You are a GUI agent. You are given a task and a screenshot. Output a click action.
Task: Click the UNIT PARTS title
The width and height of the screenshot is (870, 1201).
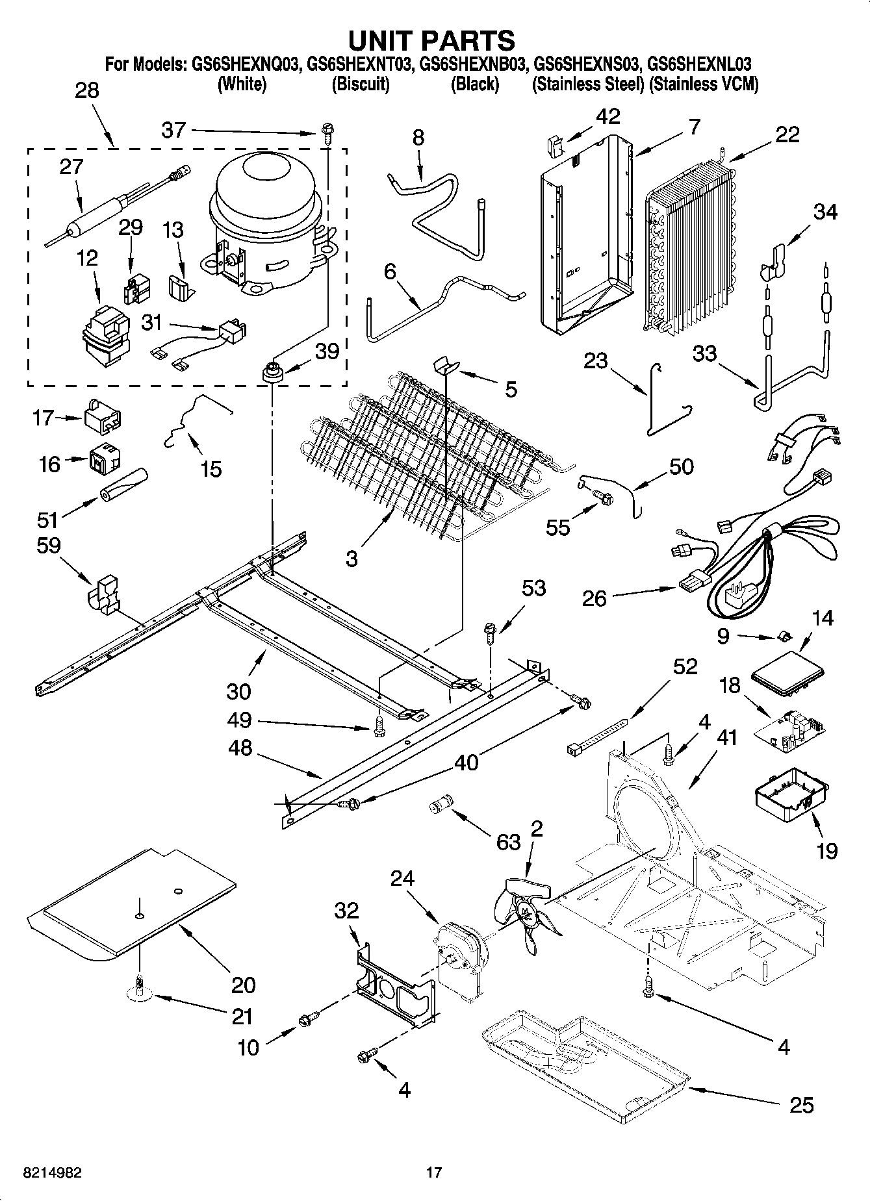pos(431,40)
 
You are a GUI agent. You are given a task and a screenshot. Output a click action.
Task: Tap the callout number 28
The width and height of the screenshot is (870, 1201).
pos(87,90)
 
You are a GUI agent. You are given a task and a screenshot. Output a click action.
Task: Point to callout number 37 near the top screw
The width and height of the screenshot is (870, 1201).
pos(173,131)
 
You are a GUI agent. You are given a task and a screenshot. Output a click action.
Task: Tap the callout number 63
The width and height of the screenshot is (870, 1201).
pos(508,842)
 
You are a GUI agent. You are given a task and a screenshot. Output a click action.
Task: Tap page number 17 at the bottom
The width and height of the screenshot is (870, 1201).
pos(433,1172)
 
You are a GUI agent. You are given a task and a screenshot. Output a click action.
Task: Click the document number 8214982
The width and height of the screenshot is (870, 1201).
pos(44,1172)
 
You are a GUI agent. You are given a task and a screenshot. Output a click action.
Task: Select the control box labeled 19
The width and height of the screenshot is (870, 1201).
pos(791,798)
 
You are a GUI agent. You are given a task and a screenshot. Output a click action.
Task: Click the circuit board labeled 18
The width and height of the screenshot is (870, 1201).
pos(789,730)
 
